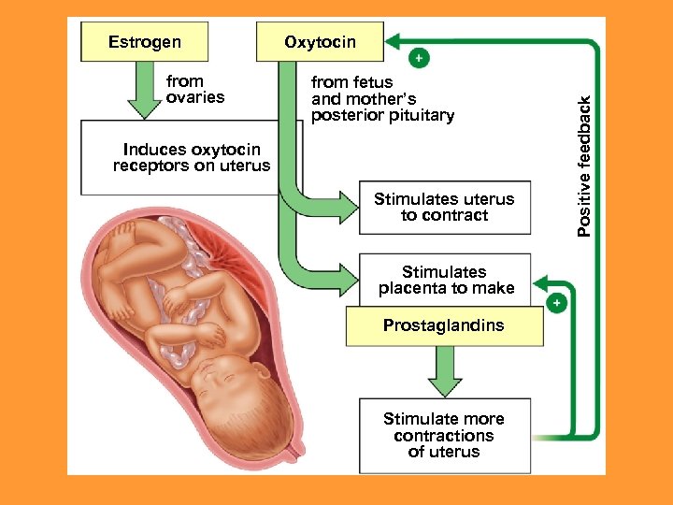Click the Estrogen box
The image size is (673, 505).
[145, 42]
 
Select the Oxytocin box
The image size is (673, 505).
[320, 42]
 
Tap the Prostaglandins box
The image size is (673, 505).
[443, 326]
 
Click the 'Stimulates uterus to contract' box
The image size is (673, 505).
[444, 207]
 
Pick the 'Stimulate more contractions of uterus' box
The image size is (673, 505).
[444, 435]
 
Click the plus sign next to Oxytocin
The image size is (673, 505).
[419, 58]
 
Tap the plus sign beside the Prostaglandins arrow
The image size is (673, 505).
[557, 303]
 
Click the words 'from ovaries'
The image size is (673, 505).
[195, 90]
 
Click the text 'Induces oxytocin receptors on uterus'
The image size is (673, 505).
[192, 158]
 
